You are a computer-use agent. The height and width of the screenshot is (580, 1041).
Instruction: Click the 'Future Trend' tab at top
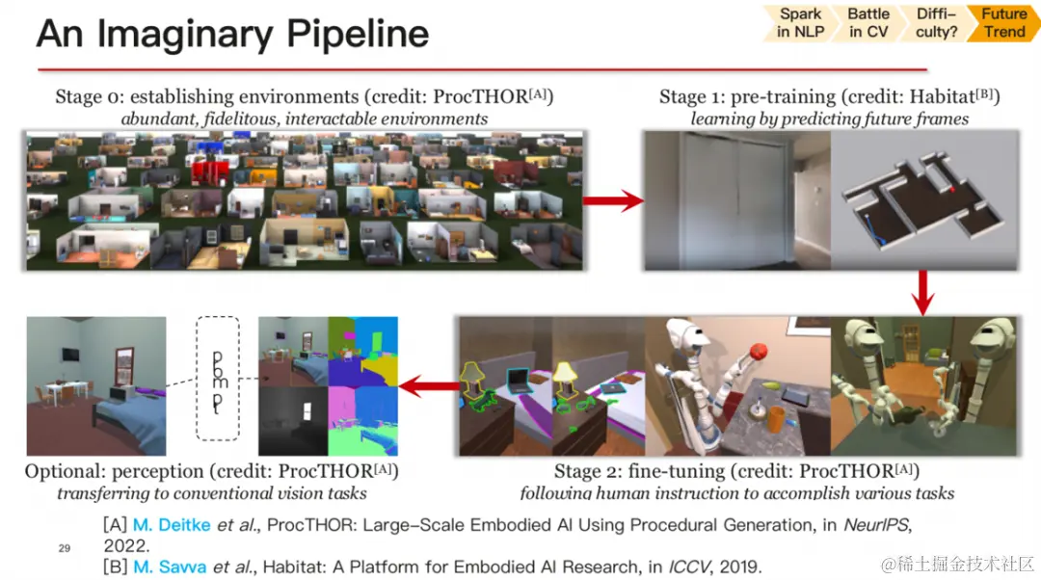coord(1003,23)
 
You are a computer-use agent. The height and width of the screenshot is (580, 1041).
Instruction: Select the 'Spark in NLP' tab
coord(800,23)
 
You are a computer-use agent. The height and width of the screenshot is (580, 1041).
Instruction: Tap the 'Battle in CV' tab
coord(868,23)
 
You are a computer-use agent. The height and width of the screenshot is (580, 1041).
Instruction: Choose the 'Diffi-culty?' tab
coord(935,23)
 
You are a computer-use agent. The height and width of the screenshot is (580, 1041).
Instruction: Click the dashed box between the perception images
coord(218,379)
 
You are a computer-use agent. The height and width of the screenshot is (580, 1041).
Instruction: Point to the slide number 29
coord(65,548)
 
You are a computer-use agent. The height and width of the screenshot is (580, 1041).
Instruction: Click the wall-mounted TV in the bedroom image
coord(70,354)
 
